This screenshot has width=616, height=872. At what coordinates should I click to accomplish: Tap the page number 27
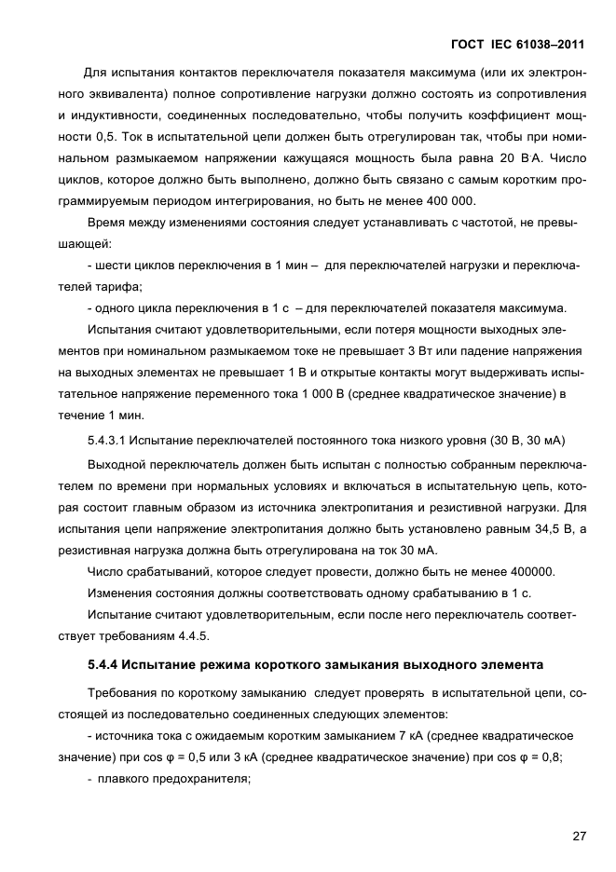coord(579,835)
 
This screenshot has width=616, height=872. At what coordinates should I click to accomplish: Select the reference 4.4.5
coord(191,634)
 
